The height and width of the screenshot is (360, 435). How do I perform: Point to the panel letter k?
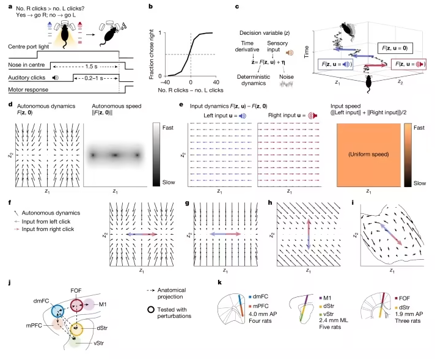click(x=220, y=282)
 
